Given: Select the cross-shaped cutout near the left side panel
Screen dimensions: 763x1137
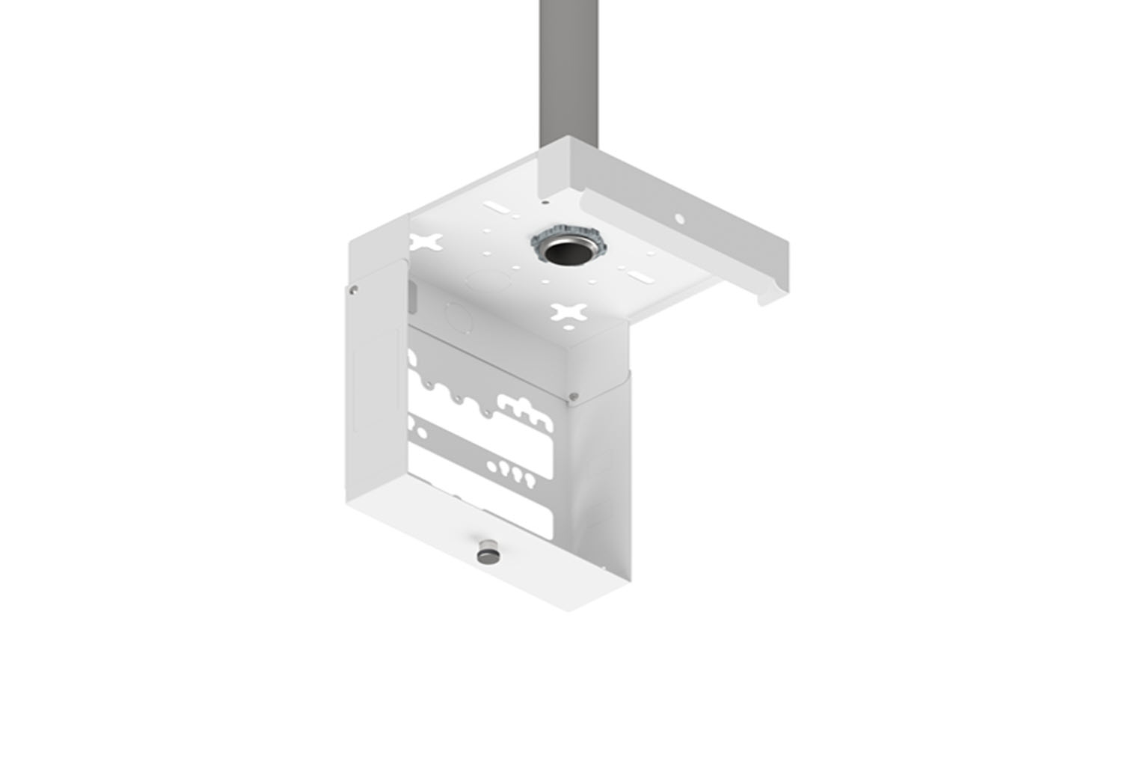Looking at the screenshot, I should (x=425, y=242).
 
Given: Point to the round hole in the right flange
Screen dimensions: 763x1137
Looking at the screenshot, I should (x=680, y=219).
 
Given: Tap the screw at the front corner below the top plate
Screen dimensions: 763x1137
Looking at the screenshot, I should (x=573, y=396).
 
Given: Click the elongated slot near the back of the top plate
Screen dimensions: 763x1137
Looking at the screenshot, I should (x=497, y=204).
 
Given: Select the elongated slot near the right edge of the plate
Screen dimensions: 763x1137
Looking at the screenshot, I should (x=643, y=278).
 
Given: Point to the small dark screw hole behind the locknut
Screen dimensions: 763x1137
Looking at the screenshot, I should (x=545, y=202).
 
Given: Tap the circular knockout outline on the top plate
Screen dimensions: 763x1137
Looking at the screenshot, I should (x=485, y=281).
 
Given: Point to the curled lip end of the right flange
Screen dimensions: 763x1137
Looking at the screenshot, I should (x=770, y=296).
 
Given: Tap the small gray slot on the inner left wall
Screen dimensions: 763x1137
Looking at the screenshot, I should (x=410, y=296).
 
